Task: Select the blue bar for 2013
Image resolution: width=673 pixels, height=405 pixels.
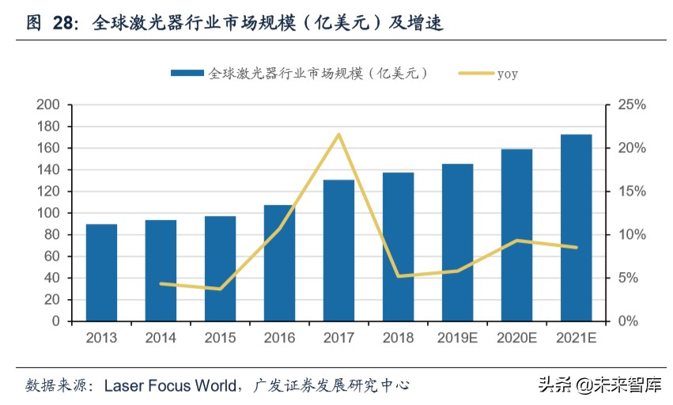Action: tap(101, 273)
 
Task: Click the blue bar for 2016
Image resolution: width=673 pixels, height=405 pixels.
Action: tap(279, 263)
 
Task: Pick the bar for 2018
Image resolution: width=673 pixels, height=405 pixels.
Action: tap(398, 247)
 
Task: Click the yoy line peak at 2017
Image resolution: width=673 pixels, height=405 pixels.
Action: tap(338, 134)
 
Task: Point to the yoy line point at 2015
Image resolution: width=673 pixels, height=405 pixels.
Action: tap(220, 289)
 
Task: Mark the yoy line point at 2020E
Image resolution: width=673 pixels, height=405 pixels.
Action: tap(516, 240)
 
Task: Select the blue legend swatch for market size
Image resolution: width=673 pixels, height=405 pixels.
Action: tap(187, 74)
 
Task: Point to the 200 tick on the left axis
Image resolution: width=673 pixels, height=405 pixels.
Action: tap(49, 104)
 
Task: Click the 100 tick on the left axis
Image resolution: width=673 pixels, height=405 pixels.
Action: tap(49, 213)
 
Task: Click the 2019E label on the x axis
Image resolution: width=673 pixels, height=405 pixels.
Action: tap(457, 338)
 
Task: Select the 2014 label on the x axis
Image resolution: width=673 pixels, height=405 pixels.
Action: tap(161, 338)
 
